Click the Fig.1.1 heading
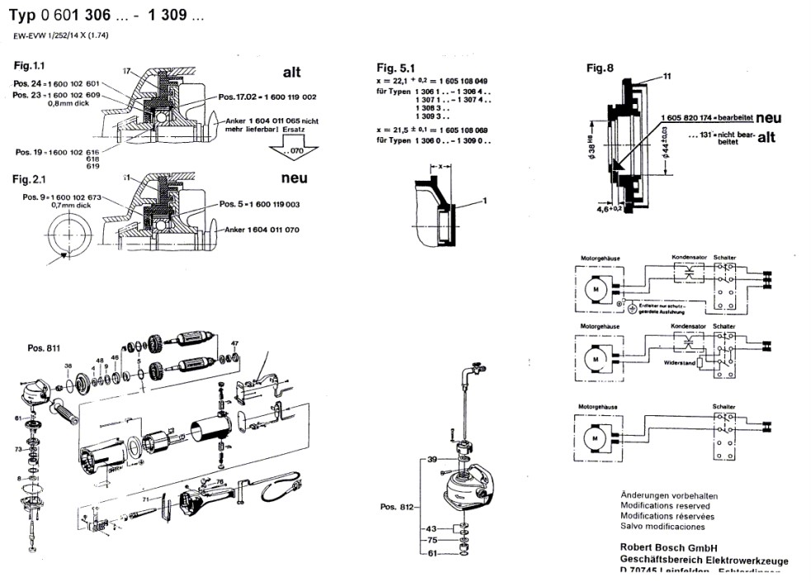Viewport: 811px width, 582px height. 31,64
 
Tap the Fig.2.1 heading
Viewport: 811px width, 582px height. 31,179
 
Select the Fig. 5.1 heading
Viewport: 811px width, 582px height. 397,68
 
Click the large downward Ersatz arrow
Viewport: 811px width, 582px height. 289,149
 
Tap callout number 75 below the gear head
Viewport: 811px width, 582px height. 431,541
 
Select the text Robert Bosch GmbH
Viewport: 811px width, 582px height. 667,547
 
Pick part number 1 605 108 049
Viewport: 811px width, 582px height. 464,81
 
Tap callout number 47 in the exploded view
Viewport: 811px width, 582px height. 234,343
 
